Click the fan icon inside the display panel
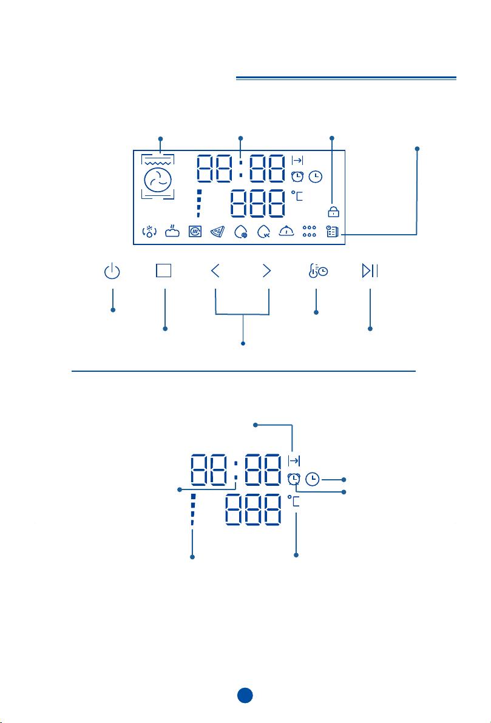(x=158, y=180)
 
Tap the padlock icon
(x=333, y=211)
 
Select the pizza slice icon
(x=217, y=232)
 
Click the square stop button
(x=164, y=271)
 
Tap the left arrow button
(x=215, y=271)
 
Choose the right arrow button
(x=266, y=271)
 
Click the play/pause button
(x=370, y=271)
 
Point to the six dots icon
(x=309, y=231)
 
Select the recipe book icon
(x=332, y=232)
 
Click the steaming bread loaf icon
(x=172, y=231)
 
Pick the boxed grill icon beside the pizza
(x=195, y=232)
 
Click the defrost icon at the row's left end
(x=149, y=232)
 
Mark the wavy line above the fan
(x=158, y=163)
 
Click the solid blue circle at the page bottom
(x=245, y=695)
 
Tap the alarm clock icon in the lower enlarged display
(x=294, y=480)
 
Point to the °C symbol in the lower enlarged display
(x=294, y=501)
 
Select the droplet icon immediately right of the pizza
(x=241, y=232)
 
